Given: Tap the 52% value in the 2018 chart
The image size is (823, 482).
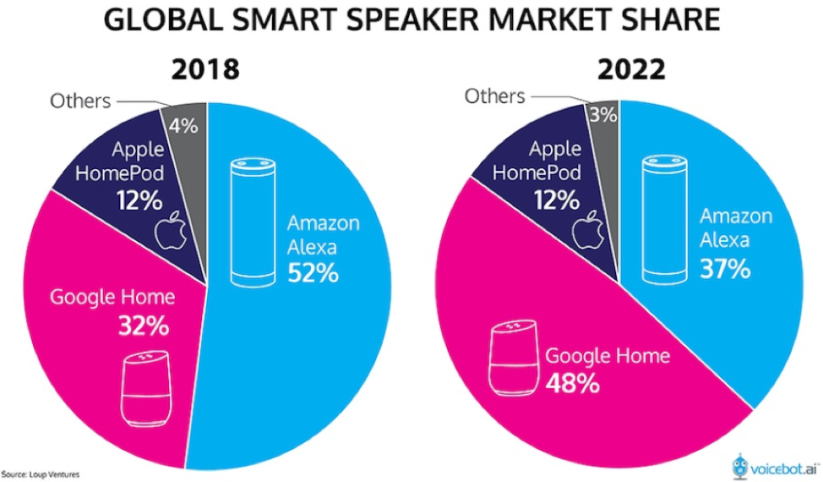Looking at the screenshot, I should (x=313, y=272).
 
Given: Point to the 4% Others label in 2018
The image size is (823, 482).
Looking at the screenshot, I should (x=183, y=127).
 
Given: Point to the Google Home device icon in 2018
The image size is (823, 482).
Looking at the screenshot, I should (x=148, y=389).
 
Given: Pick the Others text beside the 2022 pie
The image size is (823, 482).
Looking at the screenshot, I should (x=495, y=96).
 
